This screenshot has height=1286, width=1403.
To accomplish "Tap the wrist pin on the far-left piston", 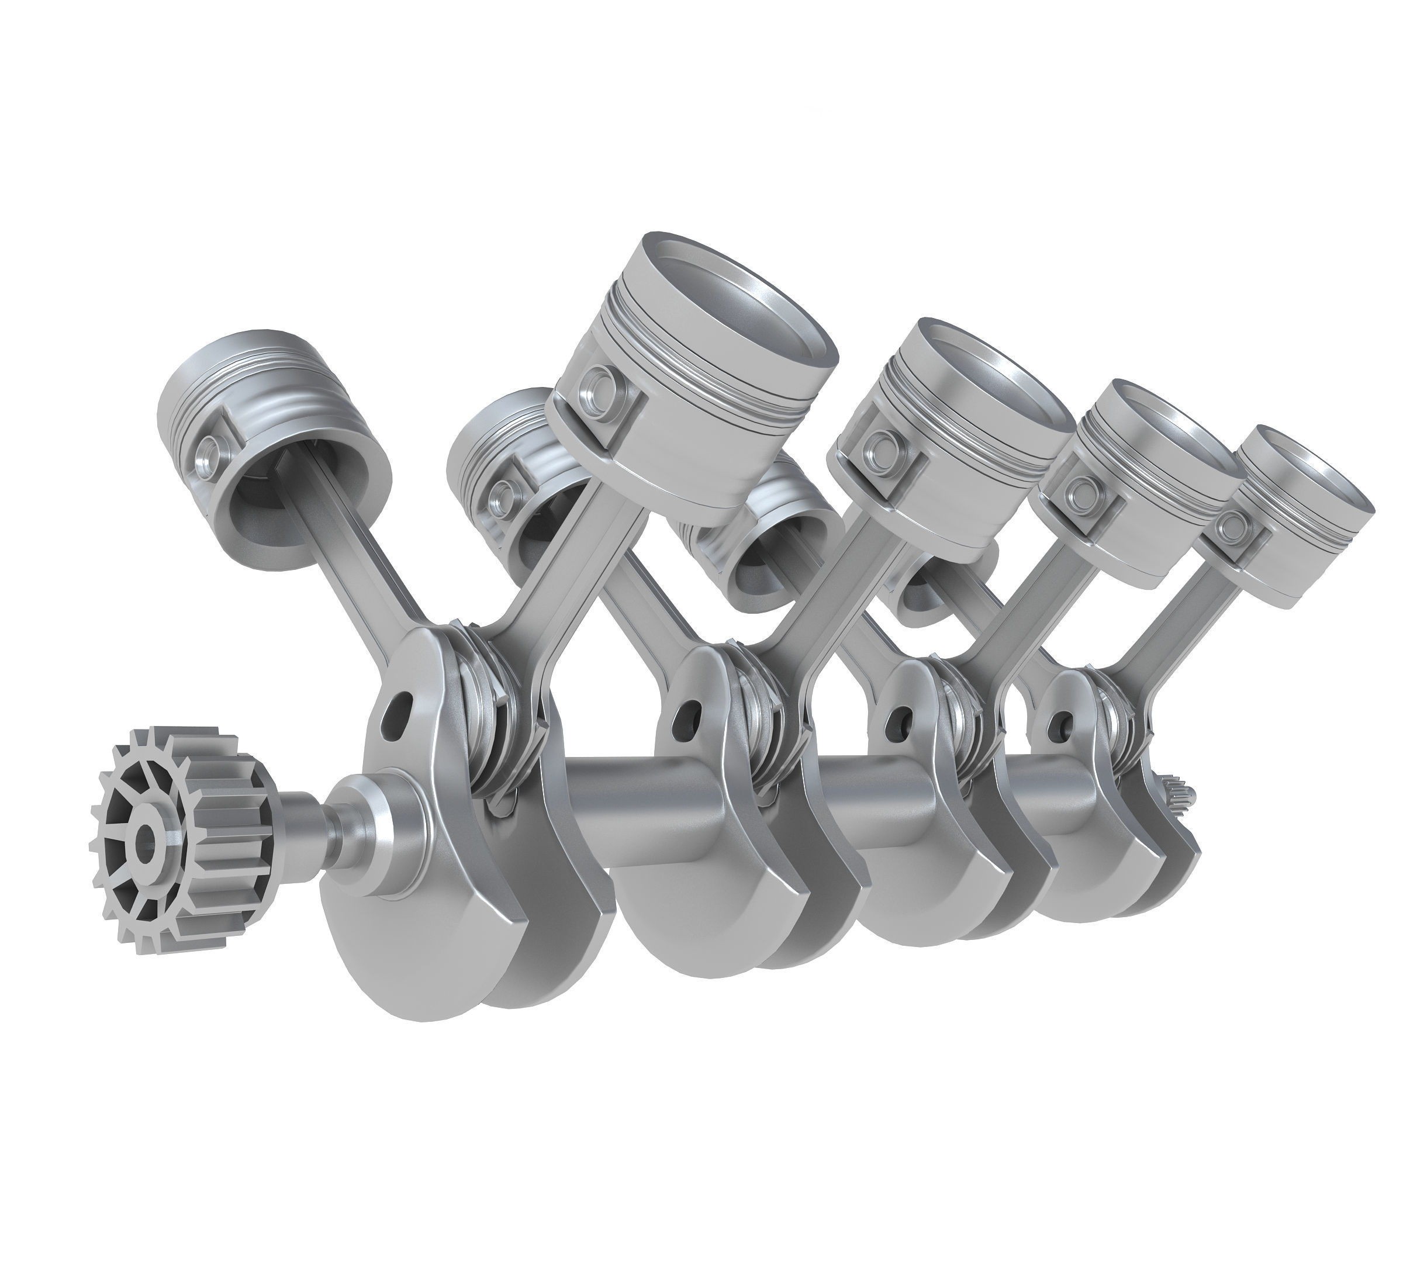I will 209,453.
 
